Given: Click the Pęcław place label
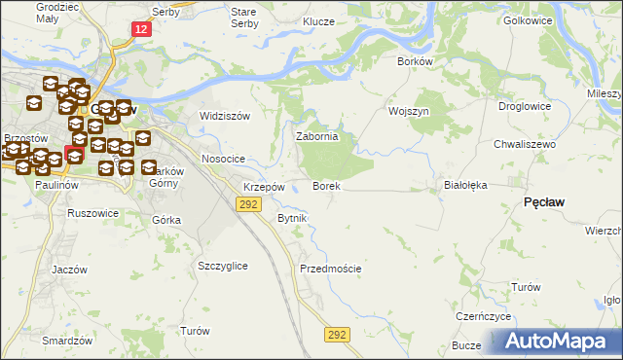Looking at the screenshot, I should pyautogui.click(x=546, y=200).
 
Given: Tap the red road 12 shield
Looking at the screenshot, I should pyautogui.click(x=142, y=31).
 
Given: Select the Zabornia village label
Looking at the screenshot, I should pyautogui.click(x=317, y=137).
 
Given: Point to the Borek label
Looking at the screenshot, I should pyautogui.click(x=325, y=185).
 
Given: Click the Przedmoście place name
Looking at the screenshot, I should pyautogui.click(x=331, y=269).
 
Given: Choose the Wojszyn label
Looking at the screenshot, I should pyautogui.click(x=409, y=112).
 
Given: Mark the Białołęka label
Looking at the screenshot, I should pyautogui.click(x=464, y=184).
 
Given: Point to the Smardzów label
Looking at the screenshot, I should pyautogui.click(x=67, y=341).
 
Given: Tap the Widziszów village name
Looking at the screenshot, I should pyautogui.click(x=225, y=116).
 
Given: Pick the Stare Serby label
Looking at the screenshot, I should pyautogui.click(x=242, y=17).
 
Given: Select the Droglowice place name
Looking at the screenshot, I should pyautogui.click(x=525, y=107).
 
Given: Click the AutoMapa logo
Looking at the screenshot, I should pyautogui.click(x=558, y=341).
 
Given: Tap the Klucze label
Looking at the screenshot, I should pyautogui.click(x=318, y=21).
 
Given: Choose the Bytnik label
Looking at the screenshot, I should pyautogui.click(x=292, y=218).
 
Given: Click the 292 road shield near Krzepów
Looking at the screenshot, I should pyautogui.click(x=249, y=203).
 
